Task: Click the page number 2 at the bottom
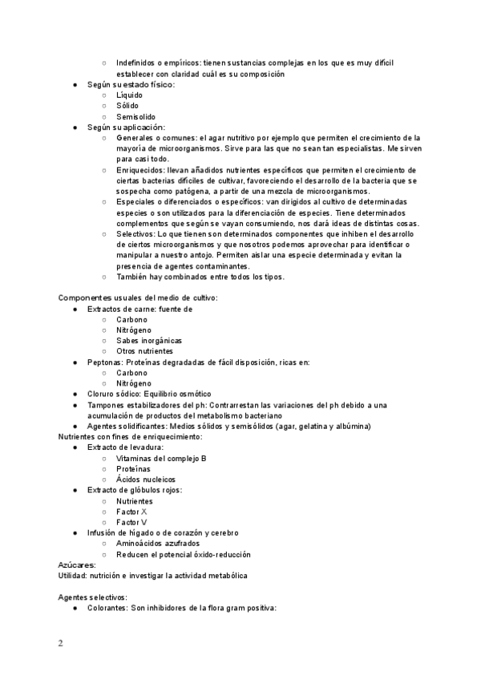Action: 60,644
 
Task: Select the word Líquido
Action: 130,95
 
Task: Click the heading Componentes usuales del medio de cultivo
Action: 138,298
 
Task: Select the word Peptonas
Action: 104,362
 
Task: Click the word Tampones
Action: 107,405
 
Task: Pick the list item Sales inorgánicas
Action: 149,341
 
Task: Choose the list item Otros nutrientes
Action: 144,351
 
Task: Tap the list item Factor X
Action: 131,512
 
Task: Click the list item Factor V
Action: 131,522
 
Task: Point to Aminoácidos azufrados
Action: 158,544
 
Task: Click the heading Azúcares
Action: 77,565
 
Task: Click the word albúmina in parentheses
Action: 350,427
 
